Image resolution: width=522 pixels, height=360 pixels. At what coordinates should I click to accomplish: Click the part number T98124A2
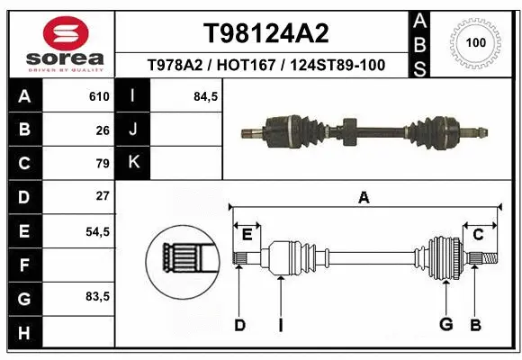point(265,33)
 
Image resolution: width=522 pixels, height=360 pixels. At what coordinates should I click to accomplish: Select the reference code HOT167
point(265,66)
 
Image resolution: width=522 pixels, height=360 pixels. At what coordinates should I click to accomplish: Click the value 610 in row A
point(99,96)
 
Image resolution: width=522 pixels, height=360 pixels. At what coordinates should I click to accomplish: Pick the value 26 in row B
point(103,130)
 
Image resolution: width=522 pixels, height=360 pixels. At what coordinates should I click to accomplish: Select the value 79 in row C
point(103,163)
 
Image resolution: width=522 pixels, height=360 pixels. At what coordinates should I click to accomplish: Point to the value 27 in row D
point(103,196)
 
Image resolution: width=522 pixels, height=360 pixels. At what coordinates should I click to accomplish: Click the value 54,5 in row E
point(97,231)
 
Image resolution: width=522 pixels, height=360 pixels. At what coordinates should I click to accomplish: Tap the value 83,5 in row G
point(97,297)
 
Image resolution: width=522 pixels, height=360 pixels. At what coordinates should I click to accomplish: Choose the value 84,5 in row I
point(206,96)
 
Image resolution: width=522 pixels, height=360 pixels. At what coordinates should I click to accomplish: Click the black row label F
point(23,265)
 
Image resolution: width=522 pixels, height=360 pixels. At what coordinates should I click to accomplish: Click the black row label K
point(133,163)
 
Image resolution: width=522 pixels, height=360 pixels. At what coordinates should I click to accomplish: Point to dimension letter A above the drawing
point(364,198)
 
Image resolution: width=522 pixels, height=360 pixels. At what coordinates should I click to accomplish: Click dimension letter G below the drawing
point(445,325)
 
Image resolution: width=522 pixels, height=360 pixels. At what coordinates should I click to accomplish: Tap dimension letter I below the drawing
point(281,325)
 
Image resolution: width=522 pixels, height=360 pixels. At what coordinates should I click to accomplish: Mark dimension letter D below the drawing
point(239,325)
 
